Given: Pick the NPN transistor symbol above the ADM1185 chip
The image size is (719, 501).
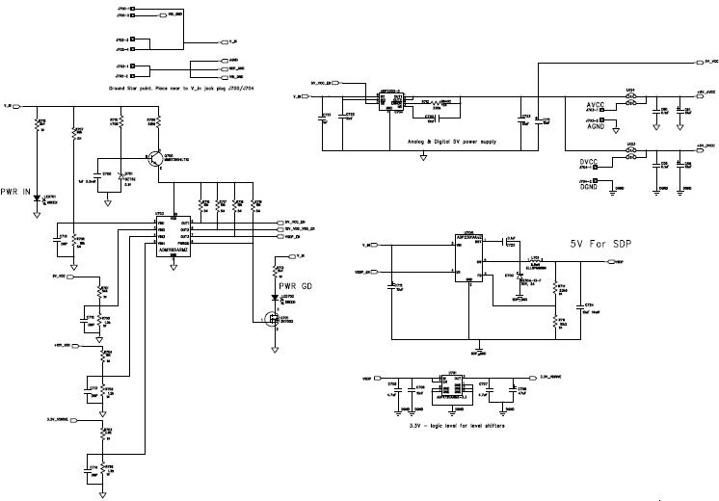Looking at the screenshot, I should tap(157, 156).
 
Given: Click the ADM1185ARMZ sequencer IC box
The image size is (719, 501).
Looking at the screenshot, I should tap(173, 233).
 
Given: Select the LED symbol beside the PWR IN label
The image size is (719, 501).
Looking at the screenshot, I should tap(40, 199).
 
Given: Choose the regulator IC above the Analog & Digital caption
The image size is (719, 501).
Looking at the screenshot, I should tap(384, 99).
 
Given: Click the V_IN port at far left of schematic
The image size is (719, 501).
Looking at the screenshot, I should tap(8, 105).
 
